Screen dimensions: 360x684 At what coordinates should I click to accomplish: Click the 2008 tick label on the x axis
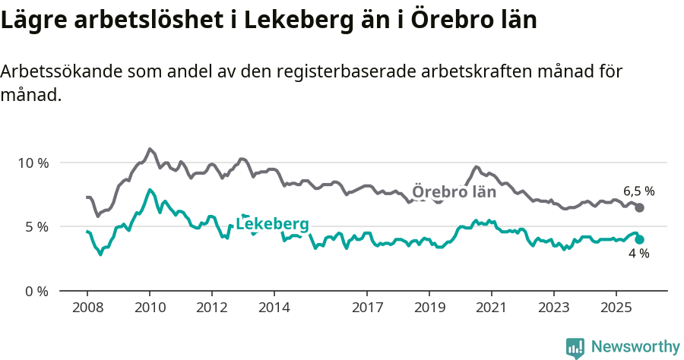point(87,309)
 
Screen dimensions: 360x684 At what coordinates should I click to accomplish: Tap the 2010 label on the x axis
point(149,309)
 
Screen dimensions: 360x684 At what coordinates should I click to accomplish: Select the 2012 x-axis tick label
point(211,309)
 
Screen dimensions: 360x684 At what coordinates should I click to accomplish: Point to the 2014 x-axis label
point(274,309)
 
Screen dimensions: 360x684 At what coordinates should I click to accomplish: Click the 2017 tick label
point(367,309)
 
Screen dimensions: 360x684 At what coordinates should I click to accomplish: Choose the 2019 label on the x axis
point(429,309)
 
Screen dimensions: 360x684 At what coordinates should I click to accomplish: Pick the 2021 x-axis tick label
point(492,309)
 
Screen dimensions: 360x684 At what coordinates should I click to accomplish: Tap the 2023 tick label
point(554,309)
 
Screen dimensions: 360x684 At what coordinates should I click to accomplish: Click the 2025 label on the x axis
point(616,309)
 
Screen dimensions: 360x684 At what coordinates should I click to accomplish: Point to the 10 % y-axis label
point(33,163)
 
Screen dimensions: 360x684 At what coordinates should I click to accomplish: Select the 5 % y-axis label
point(36,227)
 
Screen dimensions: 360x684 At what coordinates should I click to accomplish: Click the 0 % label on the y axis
point(36,291)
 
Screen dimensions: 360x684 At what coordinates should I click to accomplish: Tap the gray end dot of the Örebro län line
point(639,207)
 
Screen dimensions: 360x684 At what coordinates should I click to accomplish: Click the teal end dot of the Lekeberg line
point(639,239)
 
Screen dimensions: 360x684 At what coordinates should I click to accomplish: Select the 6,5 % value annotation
point(638,191)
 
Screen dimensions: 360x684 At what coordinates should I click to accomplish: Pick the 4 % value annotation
point(638,254)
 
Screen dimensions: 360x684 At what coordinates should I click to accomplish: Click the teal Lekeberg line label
point(272,224)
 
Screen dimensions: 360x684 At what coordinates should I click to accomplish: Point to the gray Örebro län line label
point(454,192)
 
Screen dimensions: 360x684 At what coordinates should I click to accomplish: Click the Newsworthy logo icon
point(575,347)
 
